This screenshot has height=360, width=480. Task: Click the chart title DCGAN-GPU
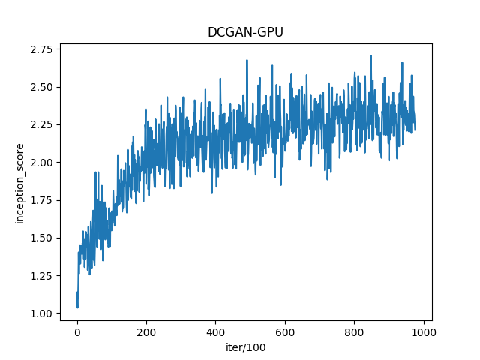coord(246,33)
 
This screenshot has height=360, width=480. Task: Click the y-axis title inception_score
coord(20,183)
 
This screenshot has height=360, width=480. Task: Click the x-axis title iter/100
coord(246,347)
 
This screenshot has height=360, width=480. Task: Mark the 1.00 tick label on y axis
coord(42,313)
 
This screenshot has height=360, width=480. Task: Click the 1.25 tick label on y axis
coord(42,275)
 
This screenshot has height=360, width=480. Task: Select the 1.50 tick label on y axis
coord(42,238)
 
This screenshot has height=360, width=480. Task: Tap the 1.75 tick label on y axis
coord(42,200)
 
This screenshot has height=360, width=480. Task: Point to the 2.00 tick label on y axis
coord(42,162)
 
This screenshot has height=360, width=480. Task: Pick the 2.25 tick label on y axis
coord(42,124)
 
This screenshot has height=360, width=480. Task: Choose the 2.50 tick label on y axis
coord(42,87)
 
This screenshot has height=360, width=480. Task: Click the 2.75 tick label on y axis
coord(42,49)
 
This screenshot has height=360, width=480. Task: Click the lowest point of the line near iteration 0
coord(77,307)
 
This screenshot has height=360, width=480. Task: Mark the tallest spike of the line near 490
coord(247,61)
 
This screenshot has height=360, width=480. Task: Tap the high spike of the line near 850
coord(370,56)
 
